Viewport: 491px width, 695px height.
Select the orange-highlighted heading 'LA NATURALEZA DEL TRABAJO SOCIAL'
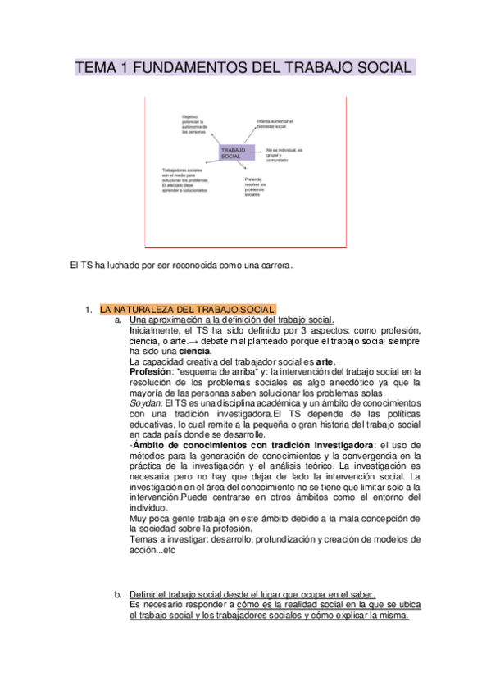[x=188, y=309]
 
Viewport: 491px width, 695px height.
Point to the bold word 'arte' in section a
[x=325, y=361]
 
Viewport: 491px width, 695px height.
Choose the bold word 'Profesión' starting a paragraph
[x=150, y=371]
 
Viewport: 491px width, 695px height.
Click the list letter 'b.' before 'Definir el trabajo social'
[x=119, y=593]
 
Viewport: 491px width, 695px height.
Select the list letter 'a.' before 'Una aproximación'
[x=119, y=319]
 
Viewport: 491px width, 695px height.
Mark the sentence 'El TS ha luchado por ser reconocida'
[x=181, y=265]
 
